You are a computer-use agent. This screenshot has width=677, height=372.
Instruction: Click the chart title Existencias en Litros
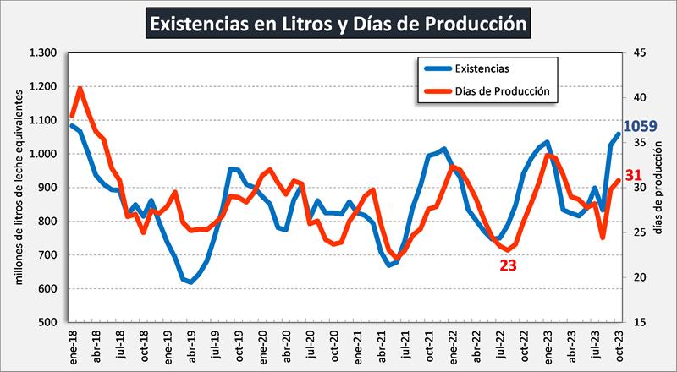click(x=338, y=24)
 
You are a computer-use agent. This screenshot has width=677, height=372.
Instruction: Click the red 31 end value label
click(x=635, y=175)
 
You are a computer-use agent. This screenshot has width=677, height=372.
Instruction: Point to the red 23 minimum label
click(x=508, y=265)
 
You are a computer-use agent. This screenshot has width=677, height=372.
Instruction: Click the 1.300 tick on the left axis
click(x=42, y=53)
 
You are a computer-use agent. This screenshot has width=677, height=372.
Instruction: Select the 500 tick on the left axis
click(x=47, y=323)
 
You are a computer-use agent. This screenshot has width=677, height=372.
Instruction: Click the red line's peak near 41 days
click(x=80, y=87)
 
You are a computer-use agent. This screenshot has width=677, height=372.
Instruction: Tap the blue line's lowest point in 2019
click(x=190, y=282)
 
